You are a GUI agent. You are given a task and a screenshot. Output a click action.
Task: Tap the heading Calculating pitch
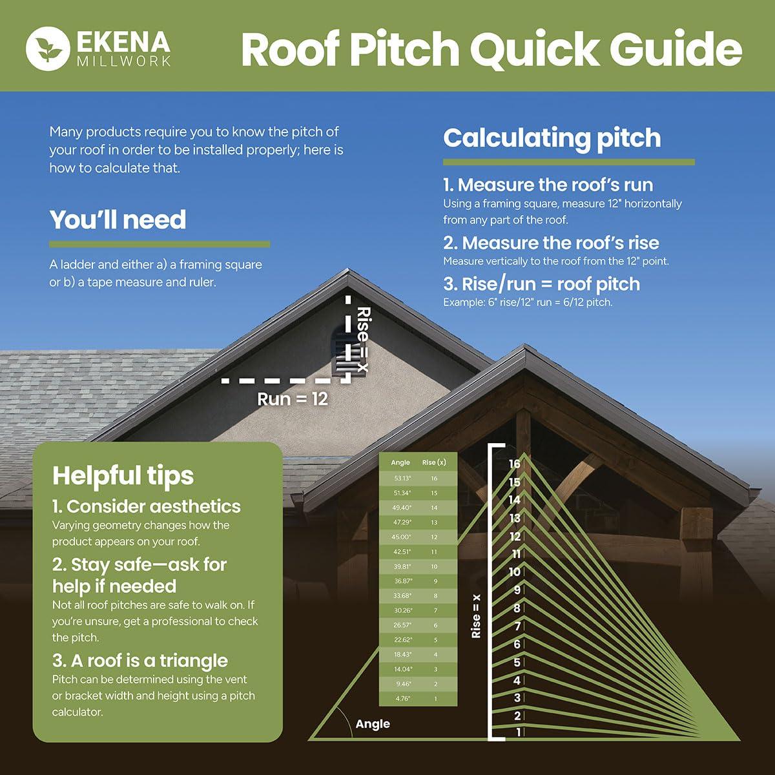tap(552, 138)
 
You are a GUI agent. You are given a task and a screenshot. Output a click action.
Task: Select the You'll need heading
tap(118, 220)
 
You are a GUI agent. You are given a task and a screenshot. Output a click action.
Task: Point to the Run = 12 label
tap(293, 399)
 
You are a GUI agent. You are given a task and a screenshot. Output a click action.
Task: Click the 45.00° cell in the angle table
tap(402, 537)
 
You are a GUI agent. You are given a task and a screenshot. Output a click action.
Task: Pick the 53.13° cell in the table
tap(402, 479)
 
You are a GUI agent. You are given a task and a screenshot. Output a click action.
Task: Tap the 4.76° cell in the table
tap(402, 699)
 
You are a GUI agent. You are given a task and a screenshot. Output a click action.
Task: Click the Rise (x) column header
tap(434, 462)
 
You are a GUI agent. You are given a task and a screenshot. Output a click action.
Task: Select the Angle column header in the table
tap(400, 462)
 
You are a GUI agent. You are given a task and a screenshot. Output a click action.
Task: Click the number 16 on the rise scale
tap(514, 464)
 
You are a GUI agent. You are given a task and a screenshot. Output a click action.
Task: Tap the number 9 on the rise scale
tap(517, 590)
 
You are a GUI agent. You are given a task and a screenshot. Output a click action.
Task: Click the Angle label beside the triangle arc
tap(373, 724)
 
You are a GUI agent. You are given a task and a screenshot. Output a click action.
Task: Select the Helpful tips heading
tap(123, 476)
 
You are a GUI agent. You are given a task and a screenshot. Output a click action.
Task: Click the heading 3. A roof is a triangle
tap(139, 661)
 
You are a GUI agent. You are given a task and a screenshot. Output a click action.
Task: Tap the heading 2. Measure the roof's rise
tap(551, 243)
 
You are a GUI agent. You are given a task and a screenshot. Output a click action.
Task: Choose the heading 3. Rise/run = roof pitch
tap(541, 284)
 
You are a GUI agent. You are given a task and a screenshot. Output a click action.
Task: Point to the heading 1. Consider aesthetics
tap(146, 506)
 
